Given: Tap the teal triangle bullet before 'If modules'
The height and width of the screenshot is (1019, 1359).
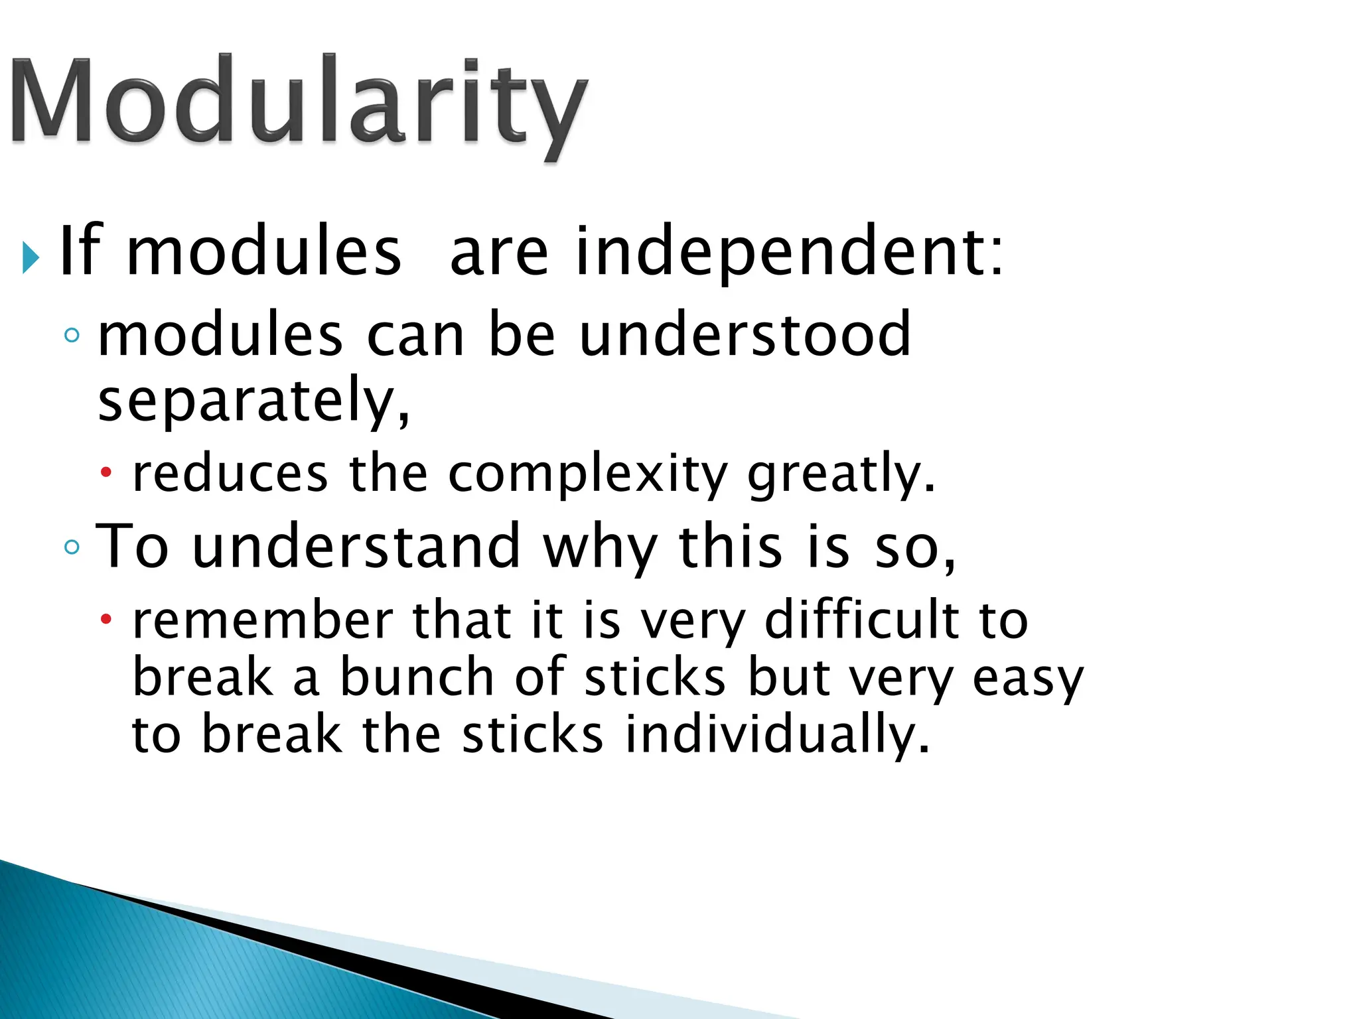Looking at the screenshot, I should [31, 257].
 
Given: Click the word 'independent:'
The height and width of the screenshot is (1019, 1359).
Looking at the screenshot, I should [790, 252].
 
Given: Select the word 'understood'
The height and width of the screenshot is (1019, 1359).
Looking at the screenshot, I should [745, 335].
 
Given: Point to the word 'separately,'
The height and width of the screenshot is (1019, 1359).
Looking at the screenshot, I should [254, 400].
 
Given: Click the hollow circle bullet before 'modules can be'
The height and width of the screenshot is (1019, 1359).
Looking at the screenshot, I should [72, 336].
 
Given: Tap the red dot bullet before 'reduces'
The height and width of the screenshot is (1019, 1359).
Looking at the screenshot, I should [106, 473].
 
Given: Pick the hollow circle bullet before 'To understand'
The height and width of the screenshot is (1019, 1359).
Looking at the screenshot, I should [72, 547].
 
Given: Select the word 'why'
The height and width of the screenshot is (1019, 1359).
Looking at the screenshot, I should [600, 547].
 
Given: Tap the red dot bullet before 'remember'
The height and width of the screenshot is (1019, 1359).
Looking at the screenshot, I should [106, 620].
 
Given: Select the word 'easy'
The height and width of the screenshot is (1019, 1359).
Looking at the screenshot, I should [1028, 678].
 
